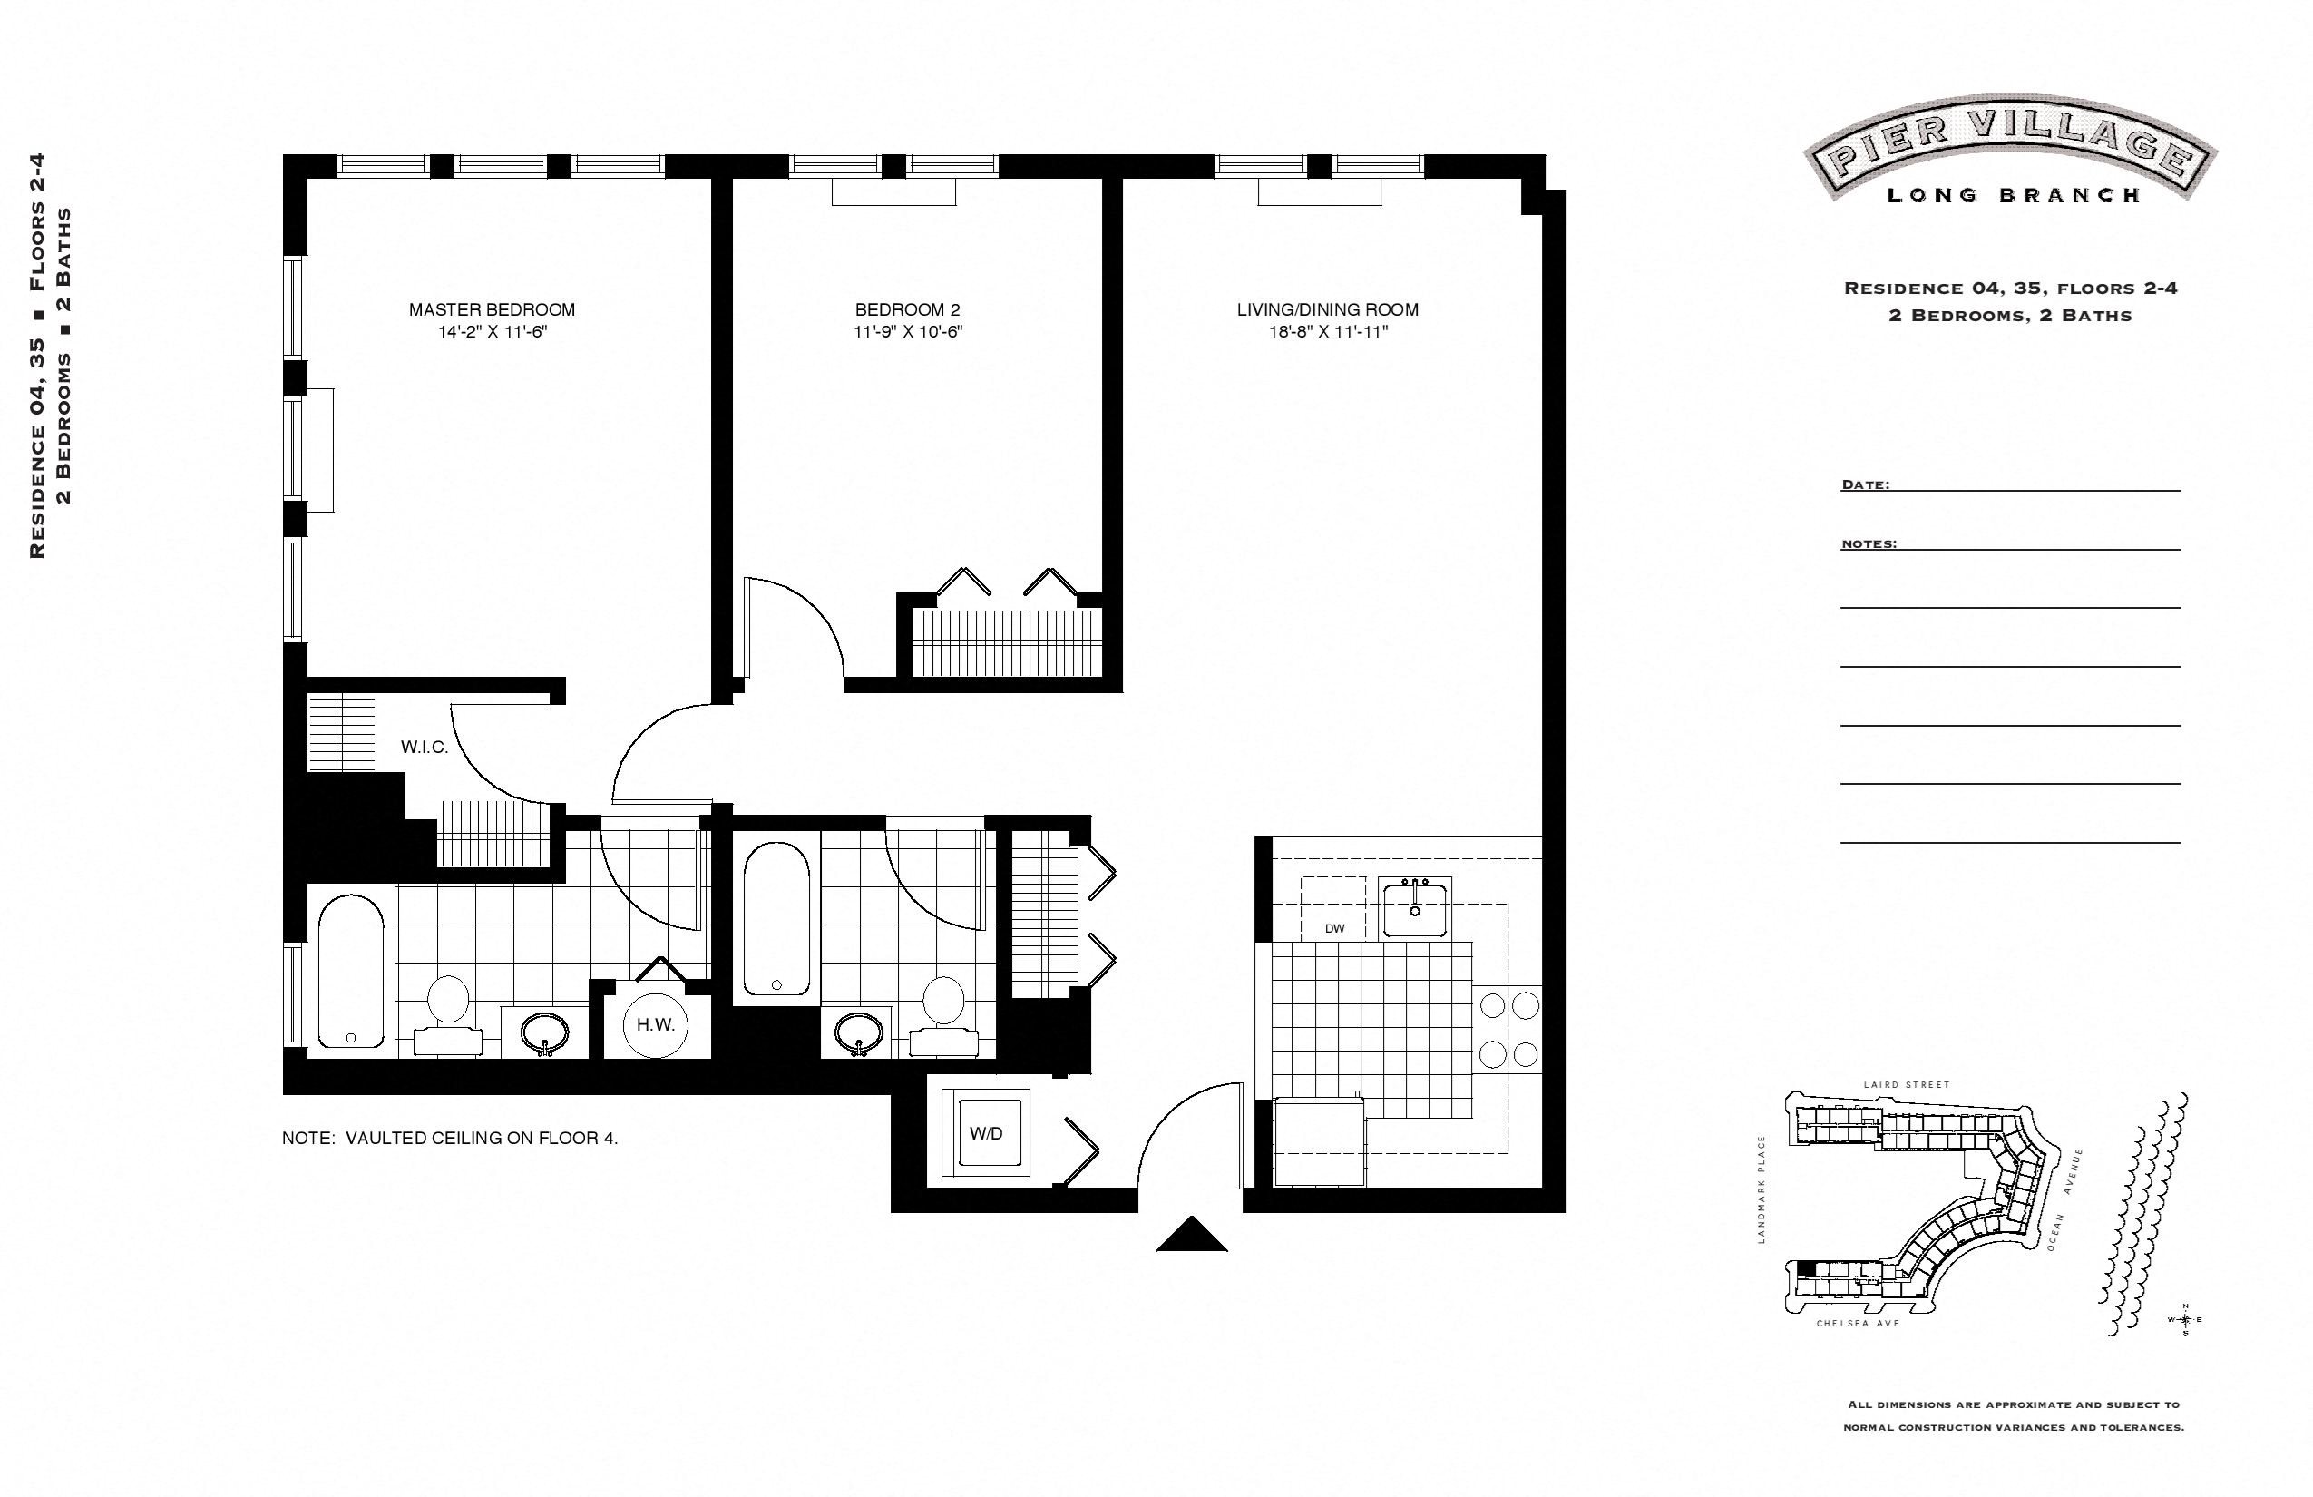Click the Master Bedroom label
pos(492,310)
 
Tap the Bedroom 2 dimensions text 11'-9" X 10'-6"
pos(908,332)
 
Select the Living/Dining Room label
pos(1328,310)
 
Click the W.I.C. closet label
pos(425,748)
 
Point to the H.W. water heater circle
pos(656,1024)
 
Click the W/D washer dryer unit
pos(987,1133)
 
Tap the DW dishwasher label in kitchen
pos(1334,928)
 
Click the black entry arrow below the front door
pos(1192,1236)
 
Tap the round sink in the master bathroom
pos(545,1033)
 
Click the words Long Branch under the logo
pos(2014,195)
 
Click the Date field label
pos(1865,485)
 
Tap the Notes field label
pos(1868,544)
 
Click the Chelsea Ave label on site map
pos(1858,1324)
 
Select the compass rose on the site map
pos(2185,1319)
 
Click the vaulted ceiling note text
pos(450,1139)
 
